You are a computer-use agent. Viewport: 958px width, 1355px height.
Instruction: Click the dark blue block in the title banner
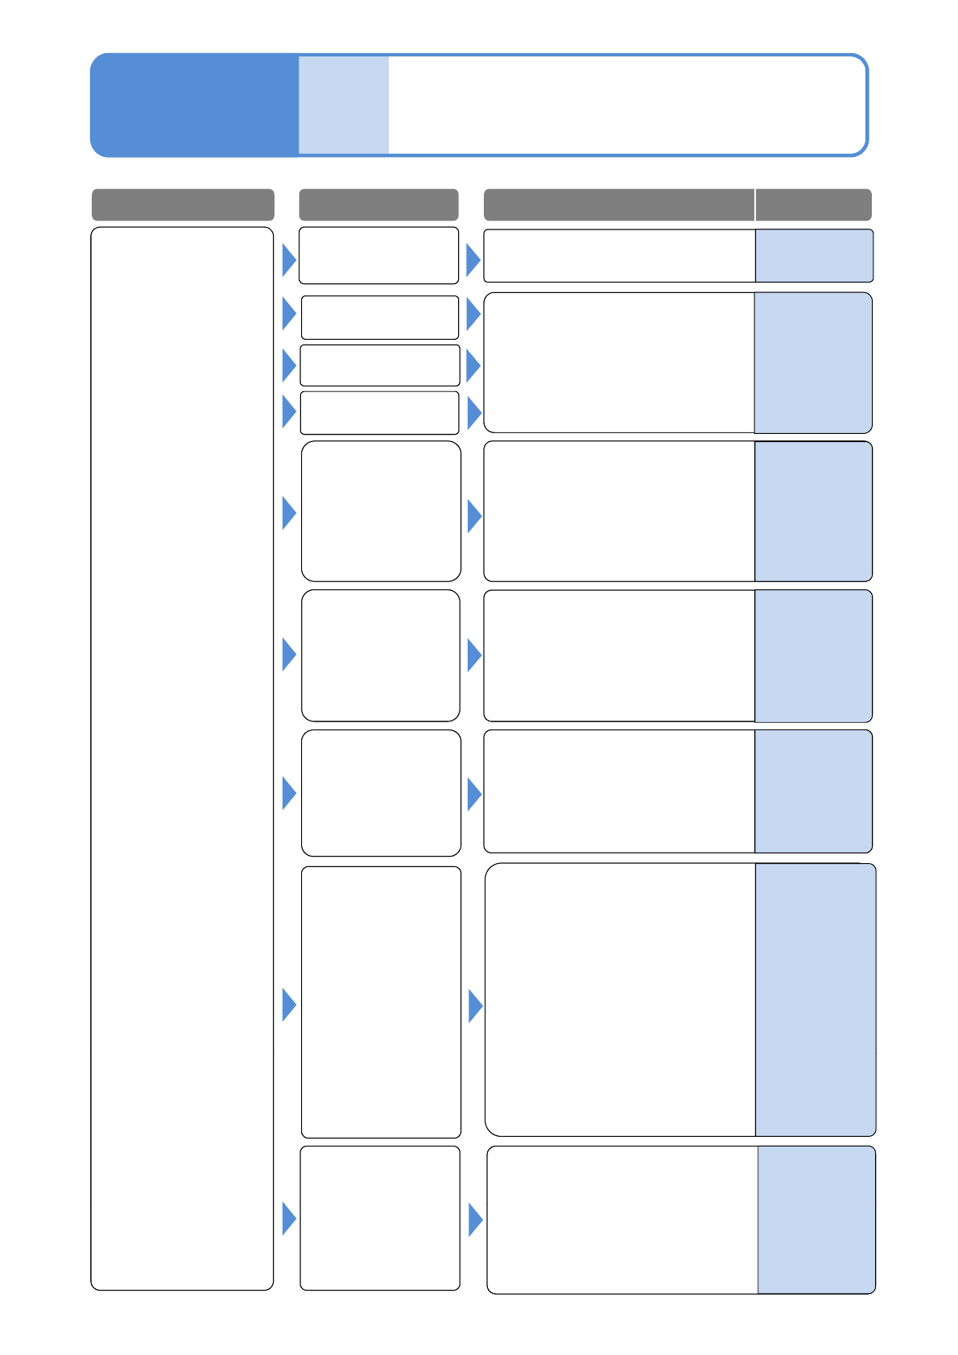click(x=194, y=105)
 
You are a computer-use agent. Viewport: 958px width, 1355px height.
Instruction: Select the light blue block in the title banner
click(x=344, y=105)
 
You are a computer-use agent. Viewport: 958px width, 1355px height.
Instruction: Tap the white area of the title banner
click(x=626, y=105)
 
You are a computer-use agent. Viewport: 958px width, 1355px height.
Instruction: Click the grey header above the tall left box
click(x=183, y=204)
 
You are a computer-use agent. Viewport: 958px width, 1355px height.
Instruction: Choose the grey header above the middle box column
click(x=378, y=204)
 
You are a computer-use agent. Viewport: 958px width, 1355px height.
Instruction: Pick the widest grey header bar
click(x=618, y=204)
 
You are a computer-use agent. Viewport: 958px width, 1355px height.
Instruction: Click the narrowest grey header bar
click(x=814, y=204)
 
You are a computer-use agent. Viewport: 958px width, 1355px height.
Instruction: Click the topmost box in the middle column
click(x=378, y=255)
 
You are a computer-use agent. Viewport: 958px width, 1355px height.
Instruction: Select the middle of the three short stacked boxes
click(x=379, y=366)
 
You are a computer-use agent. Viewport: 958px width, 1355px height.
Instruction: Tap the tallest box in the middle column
click(x=381, y=1002)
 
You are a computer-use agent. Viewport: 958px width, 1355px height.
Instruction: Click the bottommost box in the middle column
click(x=380, y=1218)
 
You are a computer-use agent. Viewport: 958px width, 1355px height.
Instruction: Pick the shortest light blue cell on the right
click(x=814, y=256)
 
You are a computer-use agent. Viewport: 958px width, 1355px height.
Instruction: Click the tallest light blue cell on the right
click(x=816, y=1000)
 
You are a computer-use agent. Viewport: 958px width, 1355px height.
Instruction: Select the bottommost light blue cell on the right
click(x=816, y=1220)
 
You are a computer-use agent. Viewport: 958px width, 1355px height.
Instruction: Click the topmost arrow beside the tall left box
click(x=288, y=260)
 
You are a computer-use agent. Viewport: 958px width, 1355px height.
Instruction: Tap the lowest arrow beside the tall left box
click(x=288, y=1218)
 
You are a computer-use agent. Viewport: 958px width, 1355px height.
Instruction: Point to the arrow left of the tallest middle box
click(x=288, y=1005)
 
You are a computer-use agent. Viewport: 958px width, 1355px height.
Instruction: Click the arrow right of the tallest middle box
click(x=475, y=1006)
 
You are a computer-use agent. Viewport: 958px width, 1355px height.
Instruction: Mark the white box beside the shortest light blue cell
click(x=618, y=256)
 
